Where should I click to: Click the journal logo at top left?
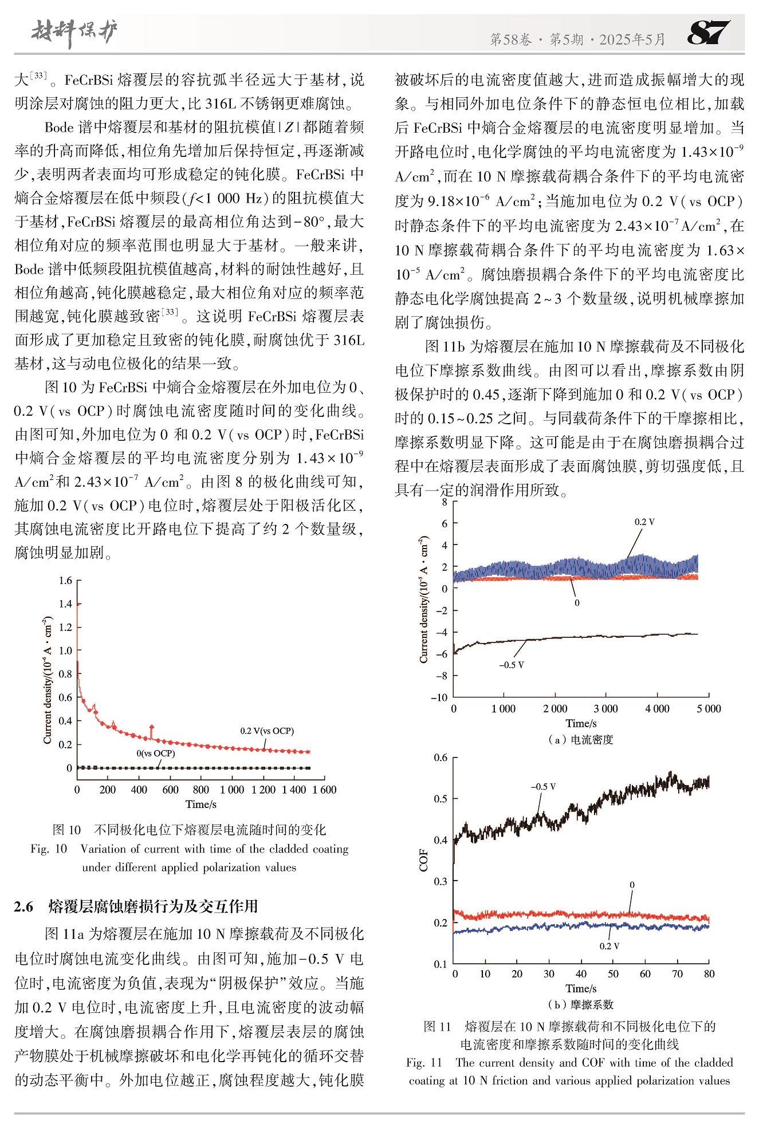coord(74,32)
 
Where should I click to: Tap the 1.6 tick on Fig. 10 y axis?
coord(65,581)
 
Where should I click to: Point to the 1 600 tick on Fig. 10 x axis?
coord(324,790)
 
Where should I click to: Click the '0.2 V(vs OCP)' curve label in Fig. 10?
coord(267,731)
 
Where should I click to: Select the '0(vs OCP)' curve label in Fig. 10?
coord(156,754)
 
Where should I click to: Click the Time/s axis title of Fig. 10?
coord(201,804)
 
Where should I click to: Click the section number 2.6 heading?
coord(23,906)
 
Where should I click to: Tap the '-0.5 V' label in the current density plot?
coord(512,665)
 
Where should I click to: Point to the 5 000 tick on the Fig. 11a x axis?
coord(709,709)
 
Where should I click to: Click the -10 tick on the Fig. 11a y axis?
coord(439,697)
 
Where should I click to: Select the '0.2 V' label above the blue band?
coord(644,522)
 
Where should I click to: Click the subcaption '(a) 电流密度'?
coord(581,740)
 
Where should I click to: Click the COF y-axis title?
coord(424,859)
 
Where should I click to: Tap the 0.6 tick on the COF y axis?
coord(441,758)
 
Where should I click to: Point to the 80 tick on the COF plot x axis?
coord(709,974)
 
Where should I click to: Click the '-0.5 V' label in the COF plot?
coord(543,787)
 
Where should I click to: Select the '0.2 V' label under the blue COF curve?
coord(609,946)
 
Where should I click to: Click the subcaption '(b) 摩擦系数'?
coord(581,1005)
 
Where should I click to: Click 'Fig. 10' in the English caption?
coord(49,849)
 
